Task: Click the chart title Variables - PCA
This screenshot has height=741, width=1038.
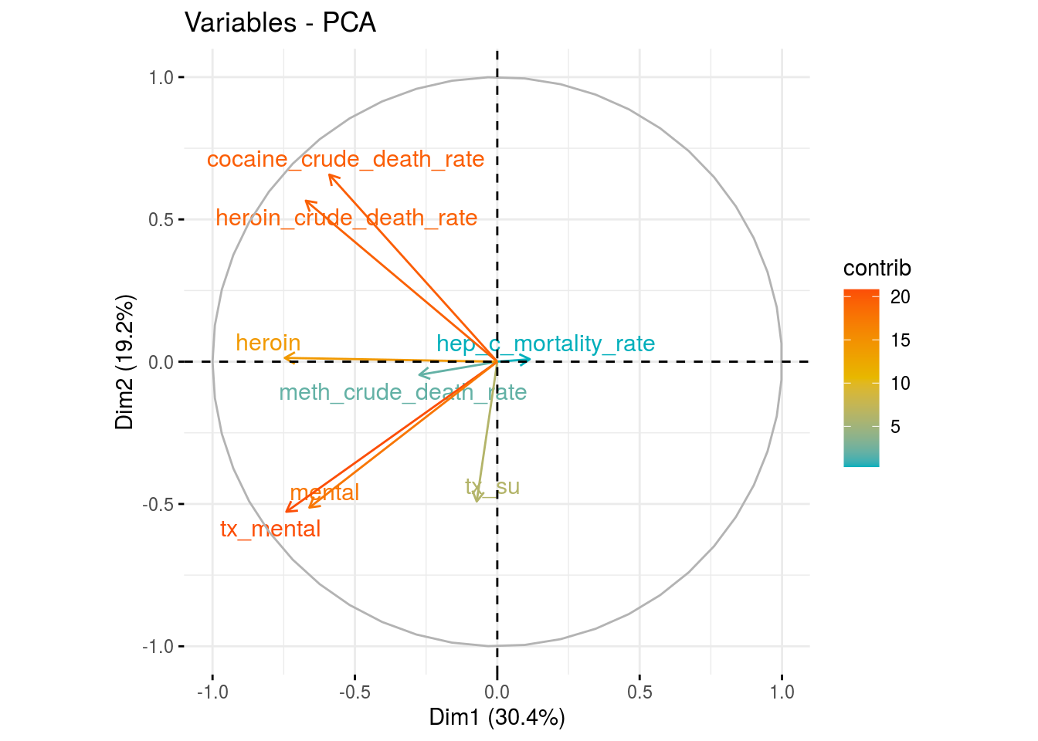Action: (x=280, y=23)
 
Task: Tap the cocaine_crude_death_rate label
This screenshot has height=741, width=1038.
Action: (x=345, y=159)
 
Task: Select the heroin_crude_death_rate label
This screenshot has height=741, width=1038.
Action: (x=346, y=218)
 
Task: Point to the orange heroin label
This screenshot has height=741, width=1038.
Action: (x=268, y=343)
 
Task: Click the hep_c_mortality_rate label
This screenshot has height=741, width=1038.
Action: (x=545, y=343)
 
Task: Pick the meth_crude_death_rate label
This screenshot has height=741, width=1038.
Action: (x=402, y=392)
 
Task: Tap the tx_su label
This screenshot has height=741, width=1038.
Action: (x=492, y=486)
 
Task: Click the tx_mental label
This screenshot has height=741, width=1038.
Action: (x=270, y=529)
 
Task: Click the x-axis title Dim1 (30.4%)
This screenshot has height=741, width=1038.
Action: (x=497, y=718)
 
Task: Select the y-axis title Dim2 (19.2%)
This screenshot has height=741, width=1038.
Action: (x=125, y=361)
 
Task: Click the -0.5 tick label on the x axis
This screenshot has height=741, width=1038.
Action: (x=354, y=692)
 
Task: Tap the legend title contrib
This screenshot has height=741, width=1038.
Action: (x=877, y=268)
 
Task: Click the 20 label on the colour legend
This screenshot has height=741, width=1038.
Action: (x=900, y=297)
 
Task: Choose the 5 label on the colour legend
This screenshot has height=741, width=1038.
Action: (x=895, y=427)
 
